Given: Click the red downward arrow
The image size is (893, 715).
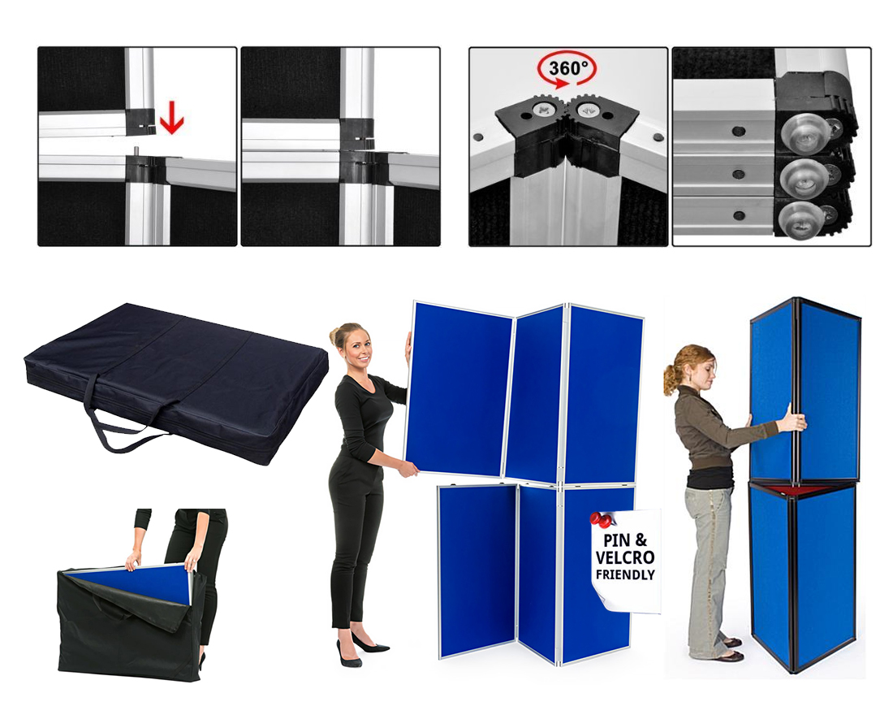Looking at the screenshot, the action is point(171,121).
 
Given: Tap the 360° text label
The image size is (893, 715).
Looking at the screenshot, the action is point(567,68).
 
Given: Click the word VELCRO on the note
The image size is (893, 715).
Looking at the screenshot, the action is point(625,557).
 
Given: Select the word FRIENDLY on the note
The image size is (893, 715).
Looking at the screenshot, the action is point(625,574).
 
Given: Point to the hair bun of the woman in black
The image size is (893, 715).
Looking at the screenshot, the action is point(334,337).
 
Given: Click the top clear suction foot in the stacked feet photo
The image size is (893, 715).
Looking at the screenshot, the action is point(803,133).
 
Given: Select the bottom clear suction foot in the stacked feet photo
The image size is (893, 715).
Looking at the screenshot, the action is point(800,219).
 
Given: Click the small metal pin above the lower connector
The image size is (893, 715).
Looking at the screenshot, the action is point(137,152).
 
